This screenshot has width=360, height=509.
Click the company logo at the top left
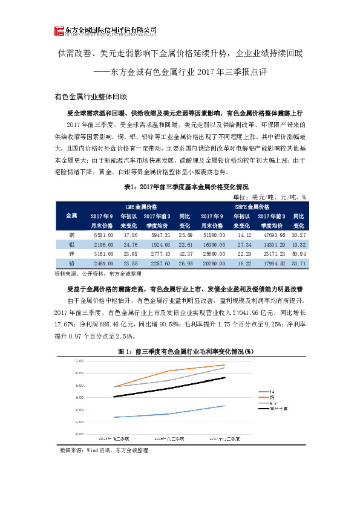click(x=59, y=31)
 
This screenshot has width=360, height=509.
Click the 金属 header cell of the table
click(x=71, y=216)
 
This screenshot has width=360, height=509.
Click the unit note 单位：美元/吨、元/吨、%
click(x=269, y=196)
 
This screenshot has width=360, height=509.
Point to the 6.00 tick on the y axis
click(x=78, y=397)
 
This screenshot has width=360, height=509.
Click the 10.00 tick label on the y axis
click(x=78, y=373)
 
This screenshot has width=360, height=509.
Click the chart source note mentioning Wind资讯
click(x=104, y=450)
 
